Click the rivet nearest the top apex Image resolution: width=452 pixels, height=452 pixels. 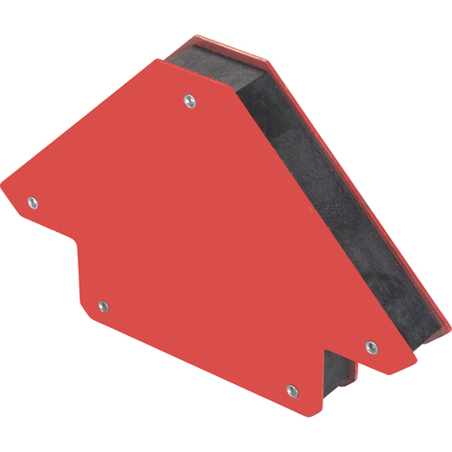(x=188, y=99)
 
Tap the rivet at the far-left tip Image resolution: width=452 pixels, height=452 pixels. (x=33, y=202)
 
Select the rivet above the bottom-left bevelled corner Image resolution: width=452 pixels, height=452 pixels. (x=102, y=307)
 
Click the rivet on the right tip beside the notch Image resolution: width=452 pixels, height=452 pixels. (x=369, y=344)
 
